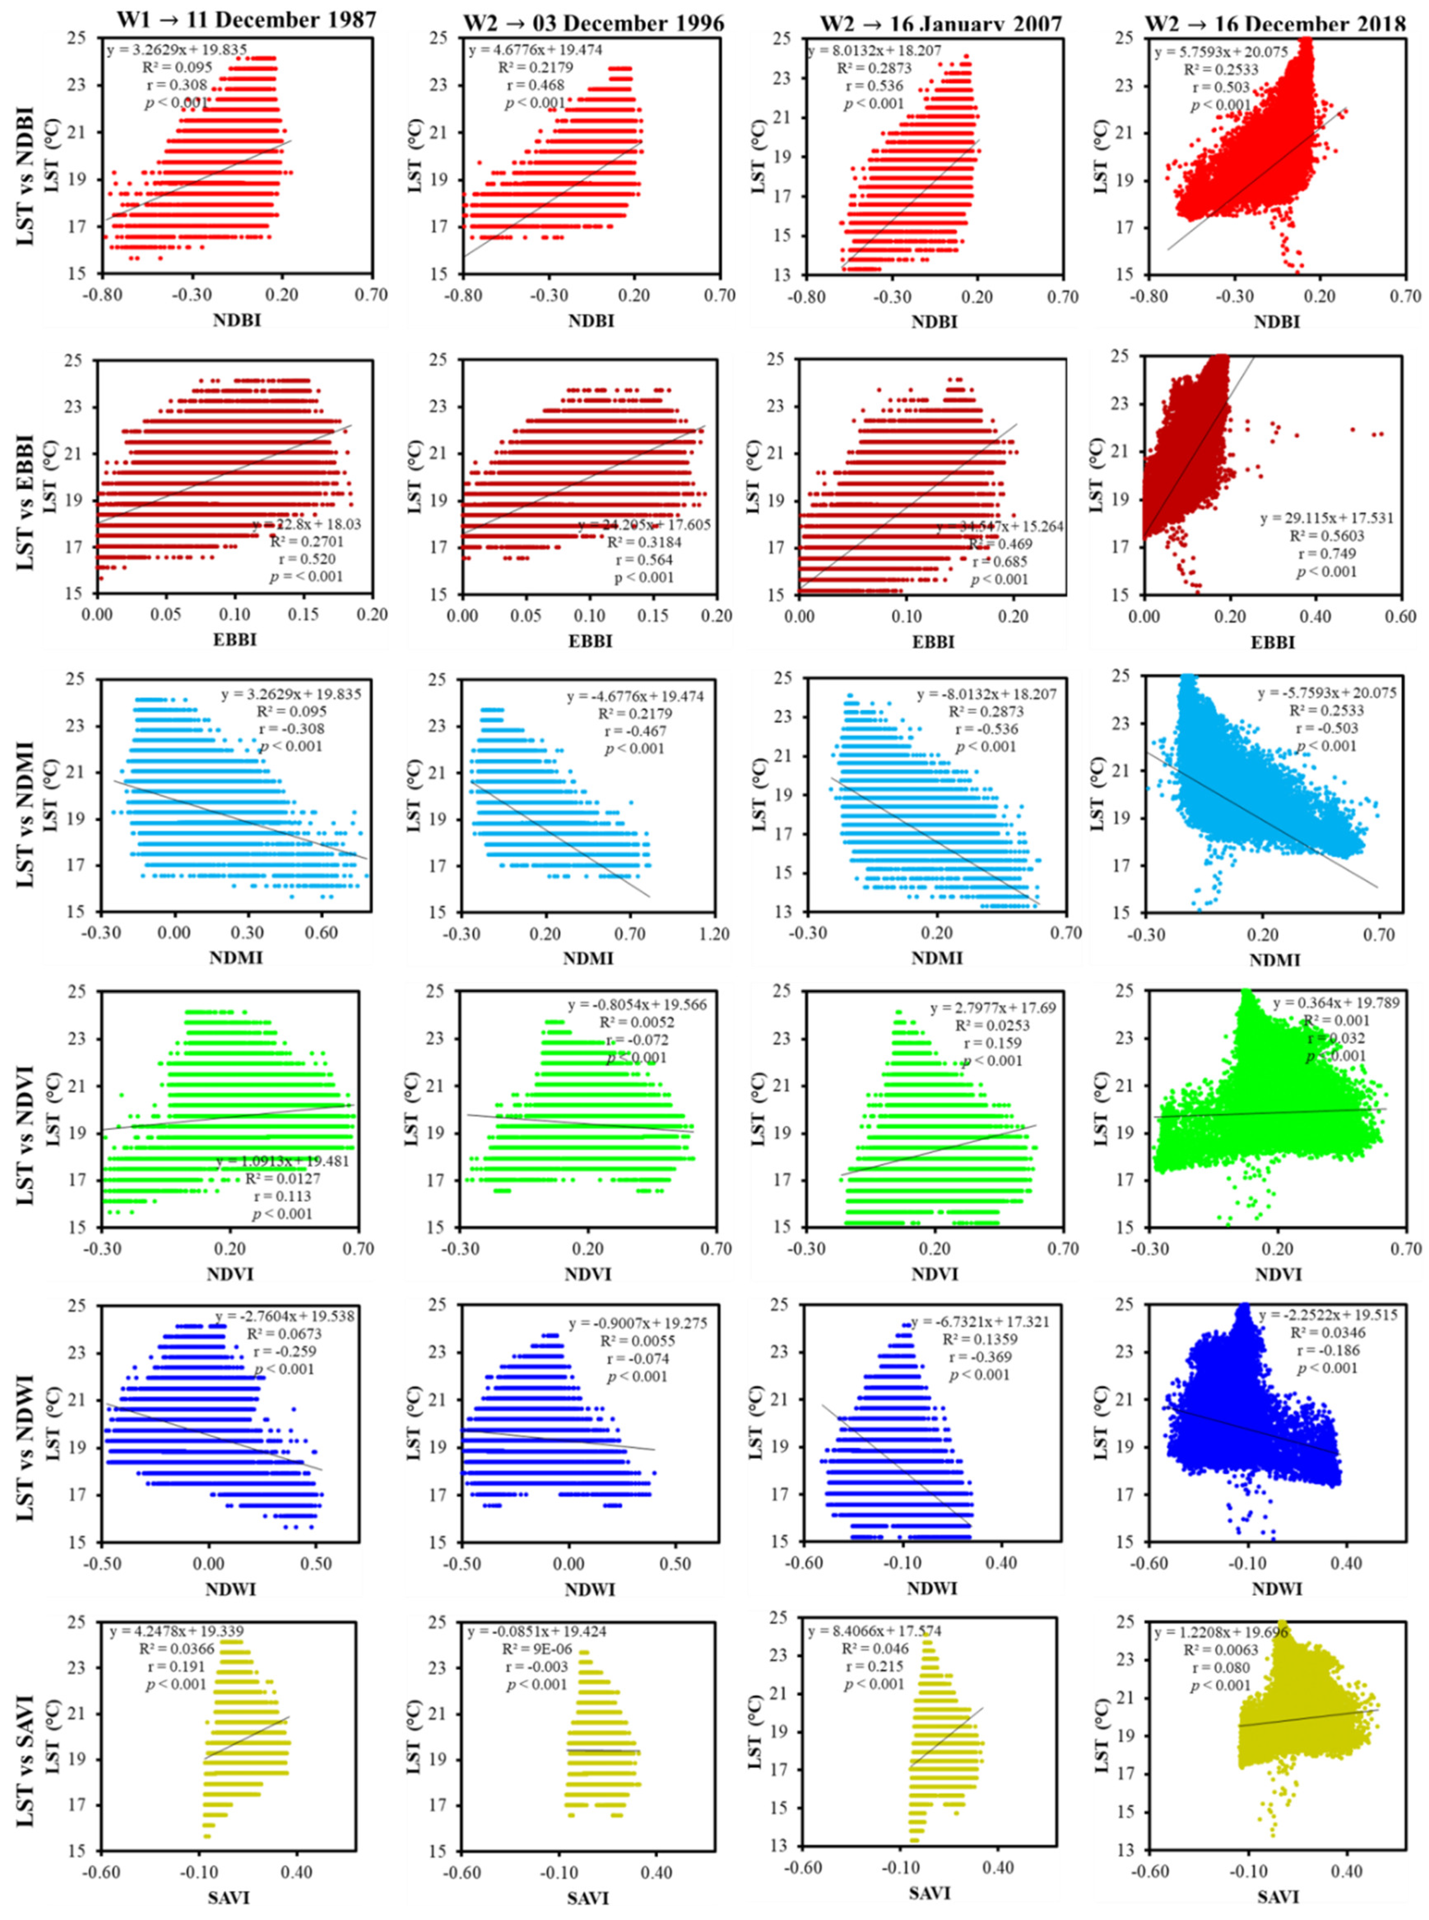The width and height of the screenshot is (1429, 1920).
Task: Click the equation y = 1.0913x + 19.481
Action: click(x=283, y=1162)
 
